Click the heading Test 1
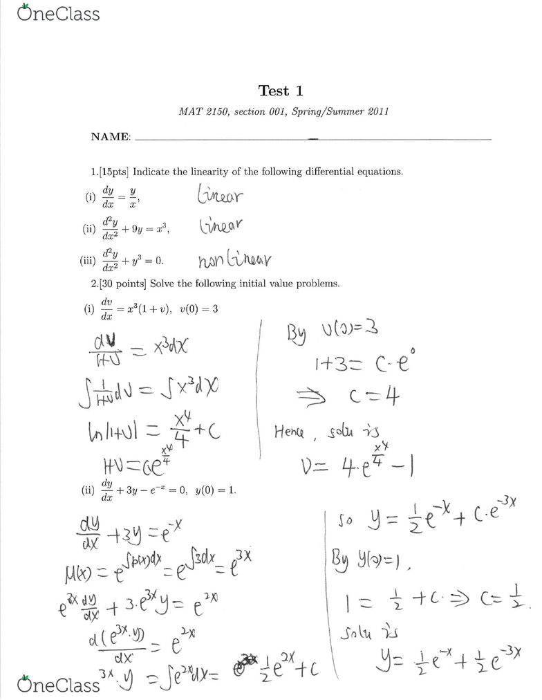tap(281, 91)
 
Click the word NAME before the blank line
tap(111, 137)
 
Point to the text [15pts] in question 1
tap(115, 172)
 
